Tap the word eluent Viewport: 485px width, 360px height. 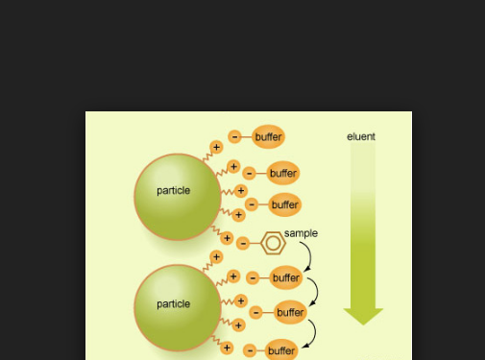(361, 136)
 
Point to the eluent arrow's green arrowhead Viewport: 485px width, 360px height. (363, 316)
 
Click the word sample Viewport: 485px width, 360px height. (301, 233)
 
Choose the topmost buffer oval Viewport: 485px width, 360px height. (268, 137)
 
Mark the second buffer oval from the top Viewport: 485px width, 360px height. (283, 174)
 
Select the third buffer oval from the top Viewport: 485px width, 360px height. (284, 204)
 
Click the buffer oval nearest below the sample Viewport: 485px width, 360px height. (286, 278)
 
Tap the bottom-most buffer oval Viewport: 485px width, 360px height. (281, 350)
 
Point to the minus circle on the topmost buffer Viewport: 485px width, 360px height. (234, 137)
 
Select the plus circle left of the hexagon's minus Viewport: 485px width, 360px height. (227, 238)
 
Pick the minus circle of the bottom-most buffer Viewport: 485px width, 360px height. (251, 350)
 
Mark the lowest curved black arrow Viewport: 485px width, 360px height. (311, 332)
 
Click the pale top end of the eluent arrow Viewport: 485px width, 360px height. (363, 154)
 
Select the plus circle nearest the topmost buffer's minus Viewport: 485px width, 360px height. (216, 147)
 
